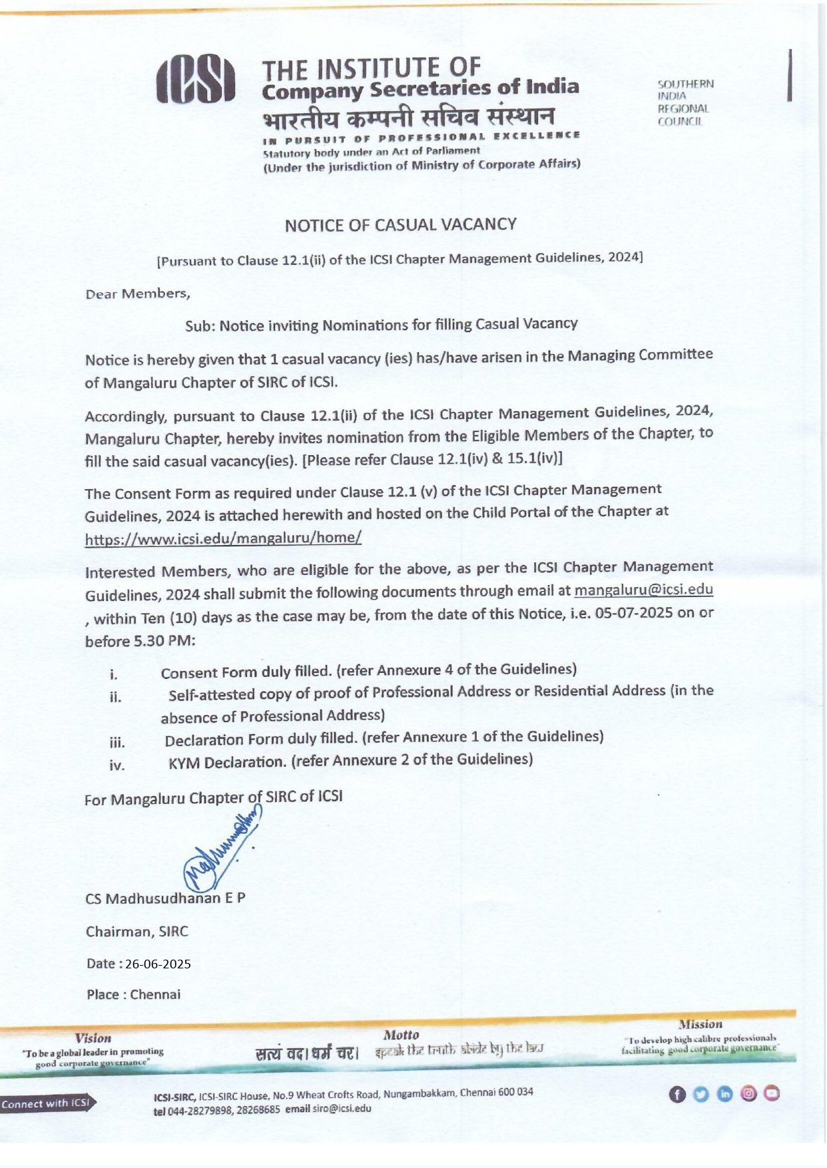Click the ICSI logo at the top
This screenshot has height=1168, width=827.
[x=196, y=80]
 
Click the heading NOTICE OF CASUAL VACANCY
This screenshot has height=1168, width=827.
[x=400, y=225]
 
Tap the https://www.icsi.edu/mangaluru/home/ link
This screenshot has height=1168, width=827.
[x=223, y=538]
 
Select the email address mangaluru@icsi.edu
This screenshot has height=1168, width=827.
[x=643, y=590]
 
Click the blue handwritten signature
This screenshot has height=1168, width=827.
[x=220, y=853]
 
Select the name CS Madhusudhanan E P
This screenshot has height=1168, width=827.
[x=165, y=898]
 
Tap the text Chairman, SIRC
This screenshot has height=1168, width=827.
[x=137, y=931]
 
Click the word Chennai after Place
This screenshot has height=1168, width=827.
[x=155, y=994]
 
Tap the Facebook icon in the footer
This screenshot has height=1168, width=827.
[x=677, y=1094]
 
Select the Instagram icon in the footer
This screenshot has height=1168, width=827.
[x=748, y=1093]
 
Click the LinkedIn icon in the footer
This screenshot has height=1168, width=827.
[x=725, y=1094]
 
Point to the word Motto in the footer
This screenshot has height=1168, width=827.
[x=401, y=1035]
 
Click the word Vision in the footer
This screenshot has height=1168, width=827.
[x=93, y=1038]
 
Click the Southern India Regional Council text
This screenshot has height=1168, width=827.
[x=685, y=102]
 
